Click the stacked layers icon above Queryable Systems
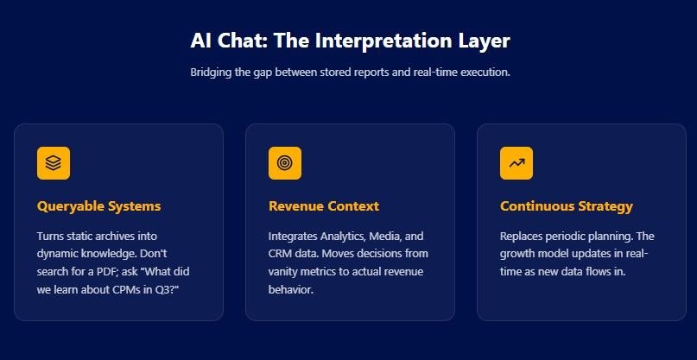(x=54, y=163)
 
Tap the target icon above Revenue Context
(x=284, y=163)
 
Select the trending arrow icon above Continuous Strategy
(x=516, y=163)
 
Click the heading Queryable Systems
(x=98, y=206)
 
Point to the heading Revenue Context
(x=323, y=206)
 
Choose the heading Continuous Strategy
(x=566, y=206)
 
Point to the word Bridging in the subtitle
(x=212, y=73)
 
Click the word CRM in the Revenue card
(x=282, y=254)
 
